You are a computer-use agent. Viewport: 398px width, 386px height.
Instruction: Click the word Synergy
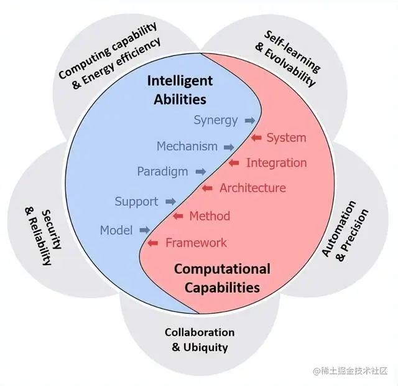click(215, 120)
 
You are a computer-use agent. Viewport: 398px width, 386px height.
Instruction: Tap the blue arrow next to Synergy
click(249, 120)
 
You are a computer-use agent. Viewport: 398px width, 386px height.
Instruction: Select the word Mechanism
click(187, 147)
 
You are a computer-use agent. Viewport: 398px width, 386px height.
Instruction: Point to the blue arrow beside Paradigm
click(200, 171)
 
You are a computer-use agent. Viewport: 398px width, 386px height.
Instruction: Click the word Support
click(136, 202)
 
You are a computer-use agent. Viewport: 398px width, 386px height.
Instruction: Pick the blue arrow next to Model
click(145, 230)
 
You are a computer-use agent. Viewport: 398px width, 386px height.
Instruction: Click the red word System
click(286, 138)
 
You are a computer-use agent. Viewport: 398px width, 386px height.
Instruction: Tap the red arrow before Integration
click(234, 163)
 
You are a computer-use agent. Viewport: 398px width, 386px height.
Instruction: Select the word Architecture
click(252, 188)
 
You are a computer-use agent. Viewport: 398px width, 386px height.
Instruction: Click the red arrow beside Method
click(178, 216)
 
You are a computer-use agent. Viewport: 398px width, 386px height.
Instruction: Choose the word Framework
click(196, 243)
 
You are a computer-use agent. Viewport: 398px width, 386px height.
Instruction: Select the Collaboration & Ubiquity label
click(200, 340)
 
